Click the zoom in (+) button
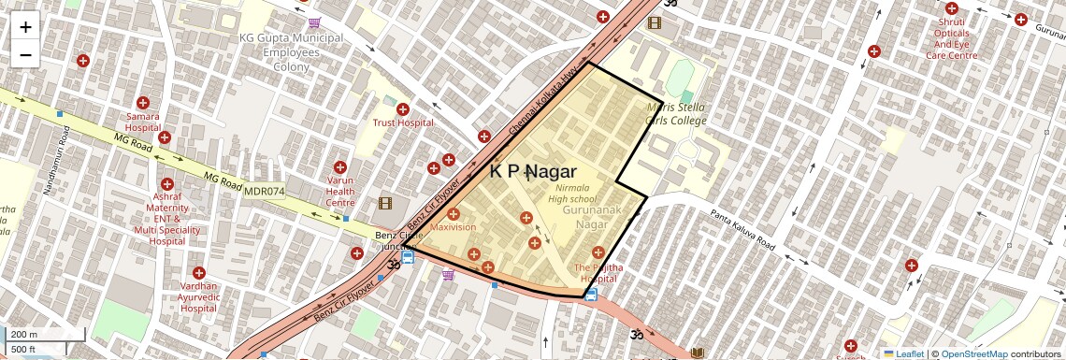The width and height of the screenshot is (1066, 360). click(x=25, y=26)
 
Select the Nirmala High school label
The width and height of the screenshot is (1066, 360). click(x=571, y=193)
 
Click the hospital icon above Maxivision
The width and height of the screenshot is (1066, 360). click(x=454, y=214)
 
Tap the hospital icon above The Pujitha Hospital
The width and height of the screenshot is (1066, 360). click(x=598, y=252)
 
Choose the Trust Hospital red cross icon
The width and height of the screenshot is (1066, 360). click(x=403, y=108)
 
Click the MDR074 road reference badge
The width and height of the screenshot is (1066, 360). click(x=264, y=192)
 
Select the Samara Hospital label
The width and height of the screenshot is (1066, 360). click(x=143, y=122)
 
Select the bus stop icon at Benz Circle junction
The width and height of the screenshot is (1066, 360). click(x=408, y=257)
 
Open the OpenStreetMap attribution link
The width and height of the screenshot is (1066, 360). click(x=973, y=353)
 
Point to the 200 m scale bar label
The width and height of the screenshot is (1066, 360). click(x=24, y=335)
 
